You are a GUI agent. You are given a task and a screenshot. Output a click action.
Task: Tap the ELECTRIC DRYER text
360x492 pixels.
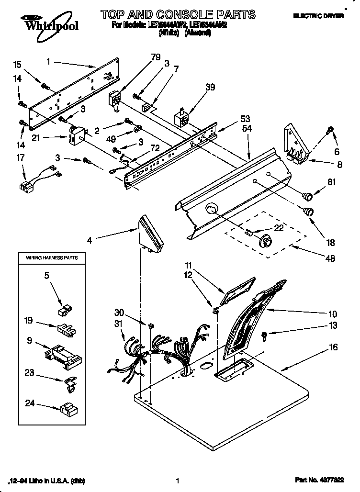pos(326,16)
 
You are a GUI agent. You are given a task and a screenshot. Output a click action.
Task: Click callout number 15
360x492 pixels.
pos(17,64)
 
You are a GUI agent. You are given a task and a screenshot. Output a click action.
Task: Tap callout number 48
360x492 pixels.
pos(330,258)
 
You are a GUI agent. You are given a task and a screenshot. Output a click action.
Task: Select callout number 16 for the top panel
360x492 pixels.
pos(333,347)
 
